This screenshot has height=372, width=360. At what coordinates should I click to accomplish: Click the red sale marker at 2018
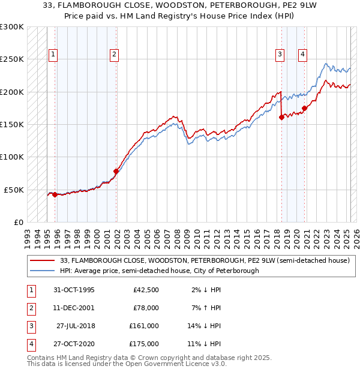[x=281, y=118]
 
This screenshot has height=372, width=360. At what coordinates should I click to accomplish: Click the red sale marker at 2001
[x=116, y=171]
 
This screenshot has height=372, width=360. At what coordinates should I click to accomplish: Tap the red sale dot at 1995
[x=55, y=194]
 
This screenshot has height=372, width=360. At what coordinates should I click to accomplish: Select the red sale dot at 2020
[x=304, y=109]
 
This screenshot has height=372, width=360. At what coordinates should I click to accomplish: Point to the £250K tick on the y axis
[x=12, y=59]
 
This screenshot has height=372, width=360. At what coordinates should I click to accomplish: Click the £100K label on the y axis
[x=12, y=157]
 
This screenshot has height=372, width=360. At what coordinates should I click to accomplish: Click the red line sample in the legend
[x=43, y=260]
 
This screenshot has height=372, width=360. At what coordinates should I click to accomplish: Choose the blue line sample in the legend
[x=43, y=271]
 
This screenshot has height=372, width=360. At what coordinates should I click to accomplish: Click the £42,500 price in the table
[x=146, y=290]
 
